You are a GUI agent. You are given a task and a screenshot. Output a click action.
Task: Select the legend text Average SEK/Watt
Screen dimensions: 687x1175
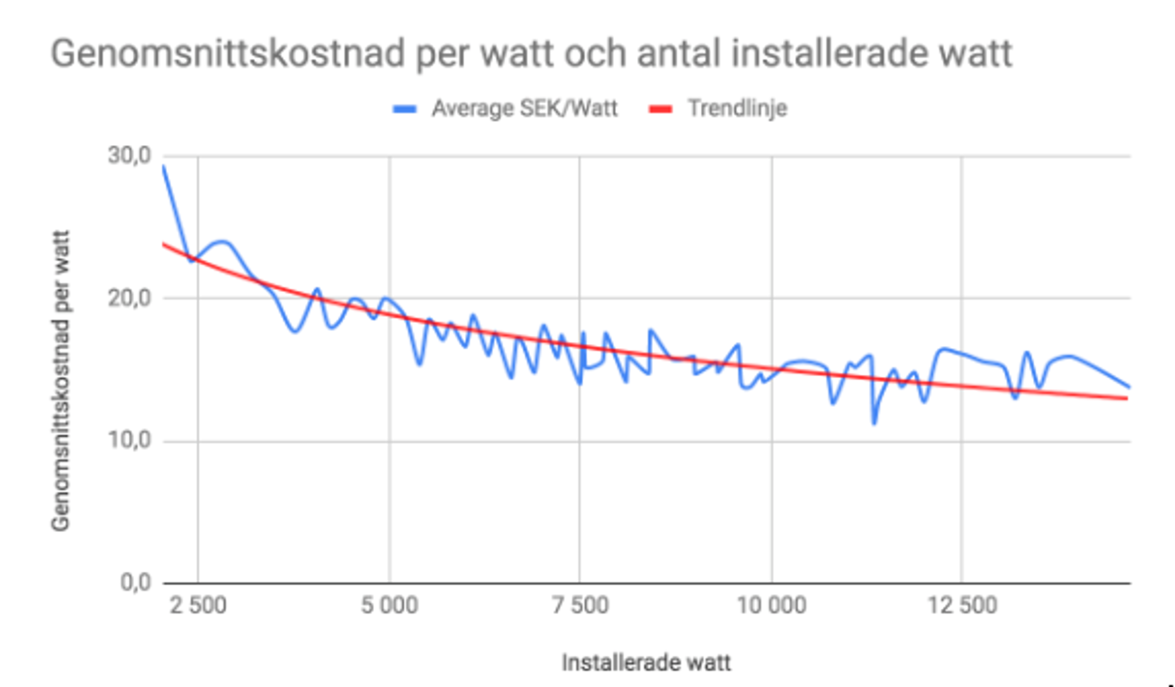coord(524,109)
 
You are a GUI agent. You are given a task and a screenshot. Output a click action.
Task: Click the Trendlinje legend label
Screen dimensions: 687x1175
coord(738,109)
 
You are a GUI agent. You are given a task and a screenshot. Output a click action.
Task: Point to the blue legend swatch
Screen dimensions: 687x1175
coord(405,110)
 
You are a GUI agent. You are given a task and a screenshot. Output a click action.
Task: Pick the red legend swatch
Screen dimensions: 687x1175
coord(661,110)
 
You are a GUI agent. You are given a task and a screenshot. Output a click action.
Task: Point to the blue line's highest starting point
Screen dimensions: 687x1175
coord(164,166)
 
